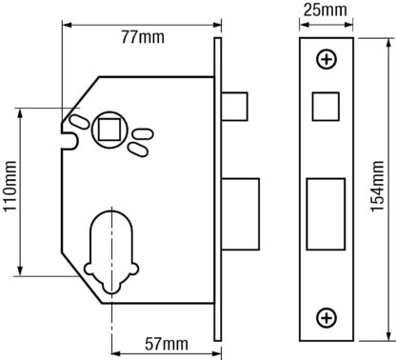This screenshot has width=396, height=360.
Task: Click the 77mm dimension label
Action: [143, 37]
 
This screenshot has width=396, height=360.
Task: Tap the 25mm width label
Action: [326, 10]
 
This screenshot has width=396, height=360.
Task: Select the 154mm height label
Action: [377, 187]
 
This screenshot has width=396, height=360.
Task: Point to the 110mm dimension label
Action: [10, 187]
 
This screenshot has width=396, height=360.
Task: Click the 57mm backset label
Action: [167, 344]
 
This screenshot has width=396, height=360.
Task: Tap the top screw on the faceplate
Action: [327, 59]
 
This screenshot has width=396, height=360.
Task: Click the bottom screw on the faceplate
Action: [327, 318]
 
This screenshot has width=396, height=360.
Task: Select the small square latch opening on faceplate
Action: [326, 107]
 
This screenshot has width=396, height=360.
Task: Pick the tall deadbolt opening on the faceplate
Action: [326, 214]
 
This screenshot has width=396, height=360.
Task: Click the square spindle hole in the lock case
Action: [109, 130]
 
